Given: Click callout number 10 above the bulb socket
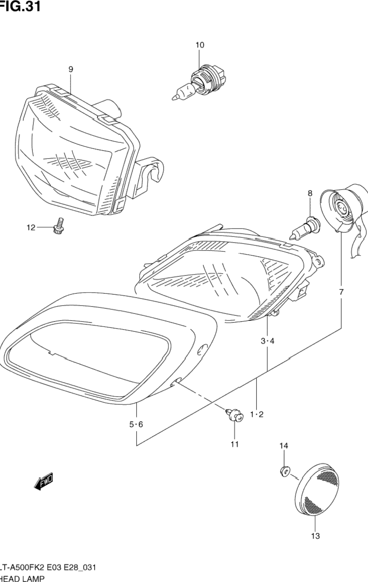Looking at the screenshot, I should click(200, 45).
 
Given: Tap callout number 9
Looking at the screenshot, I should click(71, 69).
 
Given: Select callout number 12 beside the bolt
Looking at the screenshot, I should click(31, 227).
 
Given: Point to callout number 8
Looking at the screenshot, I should click(310, 193).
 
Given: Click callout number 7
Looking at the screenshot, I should click(341, 292).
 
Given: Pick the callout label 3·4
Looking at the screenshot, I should click(267, 341).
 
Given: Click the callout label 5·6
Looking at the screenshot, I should click(136, 424).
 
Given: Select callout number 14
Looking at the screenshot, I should click(284, 446).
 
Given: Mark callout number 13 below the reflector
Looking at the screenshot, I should click(315, 537).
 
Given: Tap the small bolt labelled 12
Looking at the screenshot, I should click(58, 226).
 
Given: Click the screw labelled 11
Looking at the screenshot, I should click(235, 415).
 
